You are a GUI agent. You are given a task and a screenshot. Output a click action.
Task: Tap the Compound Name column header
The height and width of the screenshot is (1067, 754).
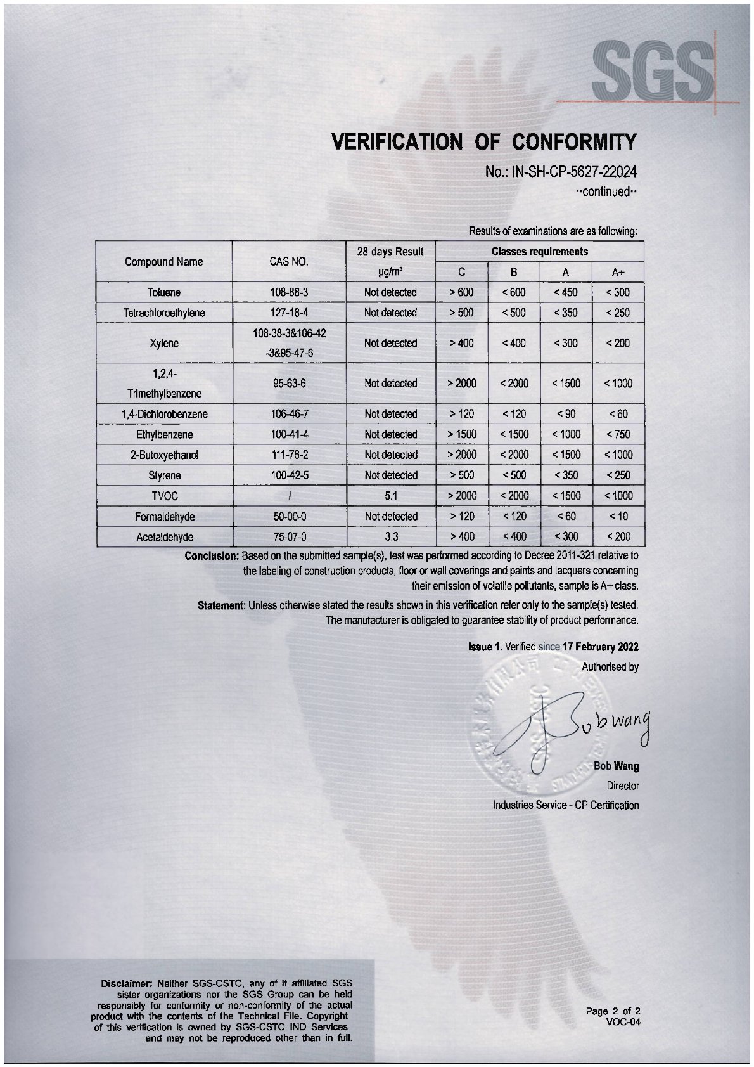pos(163,262)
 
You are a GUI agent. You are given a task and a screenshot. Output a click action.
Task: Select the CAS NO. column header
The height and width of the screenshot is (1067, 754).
pos(289,262)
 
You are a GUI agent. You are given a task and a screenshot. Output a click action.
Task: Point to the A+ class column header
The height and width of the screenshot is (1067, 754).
pos(618,272)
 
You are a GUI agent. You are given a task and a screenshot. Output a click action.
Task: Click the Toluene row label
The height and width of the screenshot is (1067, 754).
pos(163,292)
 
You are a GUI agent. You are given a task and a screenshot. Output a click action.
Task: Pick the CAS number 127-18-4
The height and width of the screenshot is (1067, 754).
pos(289,313)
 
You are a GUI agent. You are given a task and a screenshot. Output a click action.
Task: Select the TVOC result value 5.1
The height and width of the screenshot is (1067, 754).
pos(390,496)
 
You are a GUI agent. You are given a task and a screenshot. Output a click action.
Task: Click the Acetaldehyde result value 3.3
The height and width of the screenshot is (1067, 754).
pos(390,536)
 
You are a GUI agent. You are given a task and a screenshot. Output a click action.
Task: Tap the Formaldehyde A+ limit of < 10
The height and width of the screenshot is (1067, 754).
pos(618,516)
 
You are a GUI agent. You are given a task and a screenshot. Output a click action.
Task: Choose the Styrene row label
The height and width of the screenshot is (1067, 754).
pos(163,475)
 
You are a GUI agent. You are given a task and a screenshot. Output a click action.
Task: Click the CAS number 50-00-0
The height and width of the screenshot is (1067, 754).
pos(289,516)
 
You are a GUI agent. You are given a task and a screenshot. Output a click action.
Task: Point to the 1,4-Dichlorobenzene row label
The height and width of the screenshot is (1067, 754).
pos(164,414)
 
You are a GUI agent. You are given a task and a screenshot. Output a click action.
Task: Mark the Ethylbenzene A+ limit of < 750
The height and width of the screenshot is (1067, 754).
pos(618,434)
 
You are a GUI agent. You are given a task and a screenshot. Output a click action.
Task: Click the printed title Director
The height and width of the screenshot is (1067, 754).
pos(622,786)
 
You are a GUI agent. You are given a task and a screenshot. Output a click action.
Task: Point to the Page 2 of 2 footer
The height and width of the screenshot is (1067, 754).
pos(613,1011)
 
